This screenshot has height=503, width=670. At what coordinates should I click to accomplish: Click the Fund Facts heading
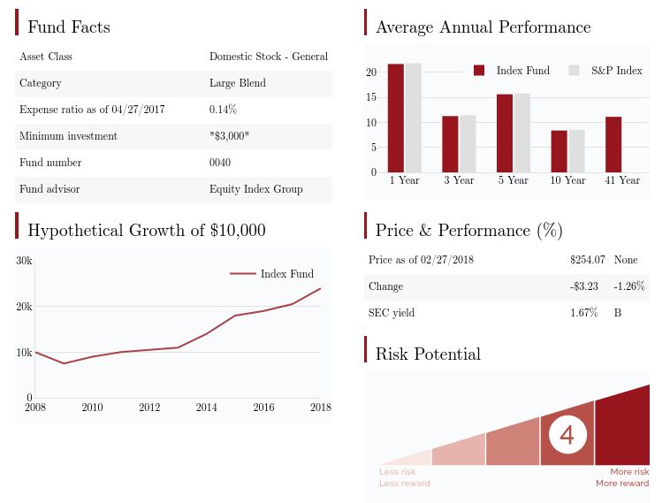coord(69,27)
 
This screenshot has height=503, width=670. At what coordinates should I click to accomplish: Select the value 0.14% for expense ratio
coord(223,110)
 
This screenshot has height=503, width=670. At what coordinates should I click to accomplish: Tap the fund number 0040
coord(220,163)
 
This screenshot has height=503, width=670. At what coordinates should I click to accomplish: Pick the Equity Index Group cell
coord(255,189)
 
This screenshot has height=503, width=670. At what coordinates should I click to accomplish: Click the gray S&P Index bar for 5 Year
coord(522,133)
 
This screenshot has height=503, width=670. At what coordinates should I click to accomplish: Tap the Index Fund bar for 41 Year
coord(613,144)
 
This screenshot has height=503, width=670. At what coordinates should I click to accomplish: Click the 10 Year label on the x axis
coord(567,180)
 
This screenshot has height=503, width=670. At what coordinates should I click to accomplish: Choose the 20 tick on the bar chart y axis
coord(372,72)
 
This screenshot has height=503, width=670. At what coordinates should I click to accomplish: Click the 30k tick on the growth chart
coord(25,261)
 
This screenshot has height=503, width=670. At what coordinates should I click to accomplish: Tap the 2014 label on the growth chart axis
coord(206,408)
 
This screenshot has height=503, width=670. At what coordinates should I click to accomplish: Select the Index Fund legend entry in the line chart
coord(286,274)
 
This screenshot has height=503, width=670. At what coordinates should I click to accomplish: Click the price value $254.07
coord(588,260)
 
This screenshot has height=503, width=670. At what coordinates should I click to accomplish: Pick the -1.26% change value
coord(629,286)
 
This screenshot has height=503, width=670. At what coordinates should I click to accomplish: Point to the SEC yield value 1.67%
coord(584,313)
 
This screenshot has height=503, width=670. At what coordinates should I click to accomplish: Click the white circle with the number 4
coord(567,435)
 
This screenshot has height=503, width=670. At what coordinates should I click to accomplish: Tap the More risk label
coord(629,472)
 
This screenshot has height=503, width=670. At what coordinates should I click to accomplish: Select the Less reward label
coord(405,484)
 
